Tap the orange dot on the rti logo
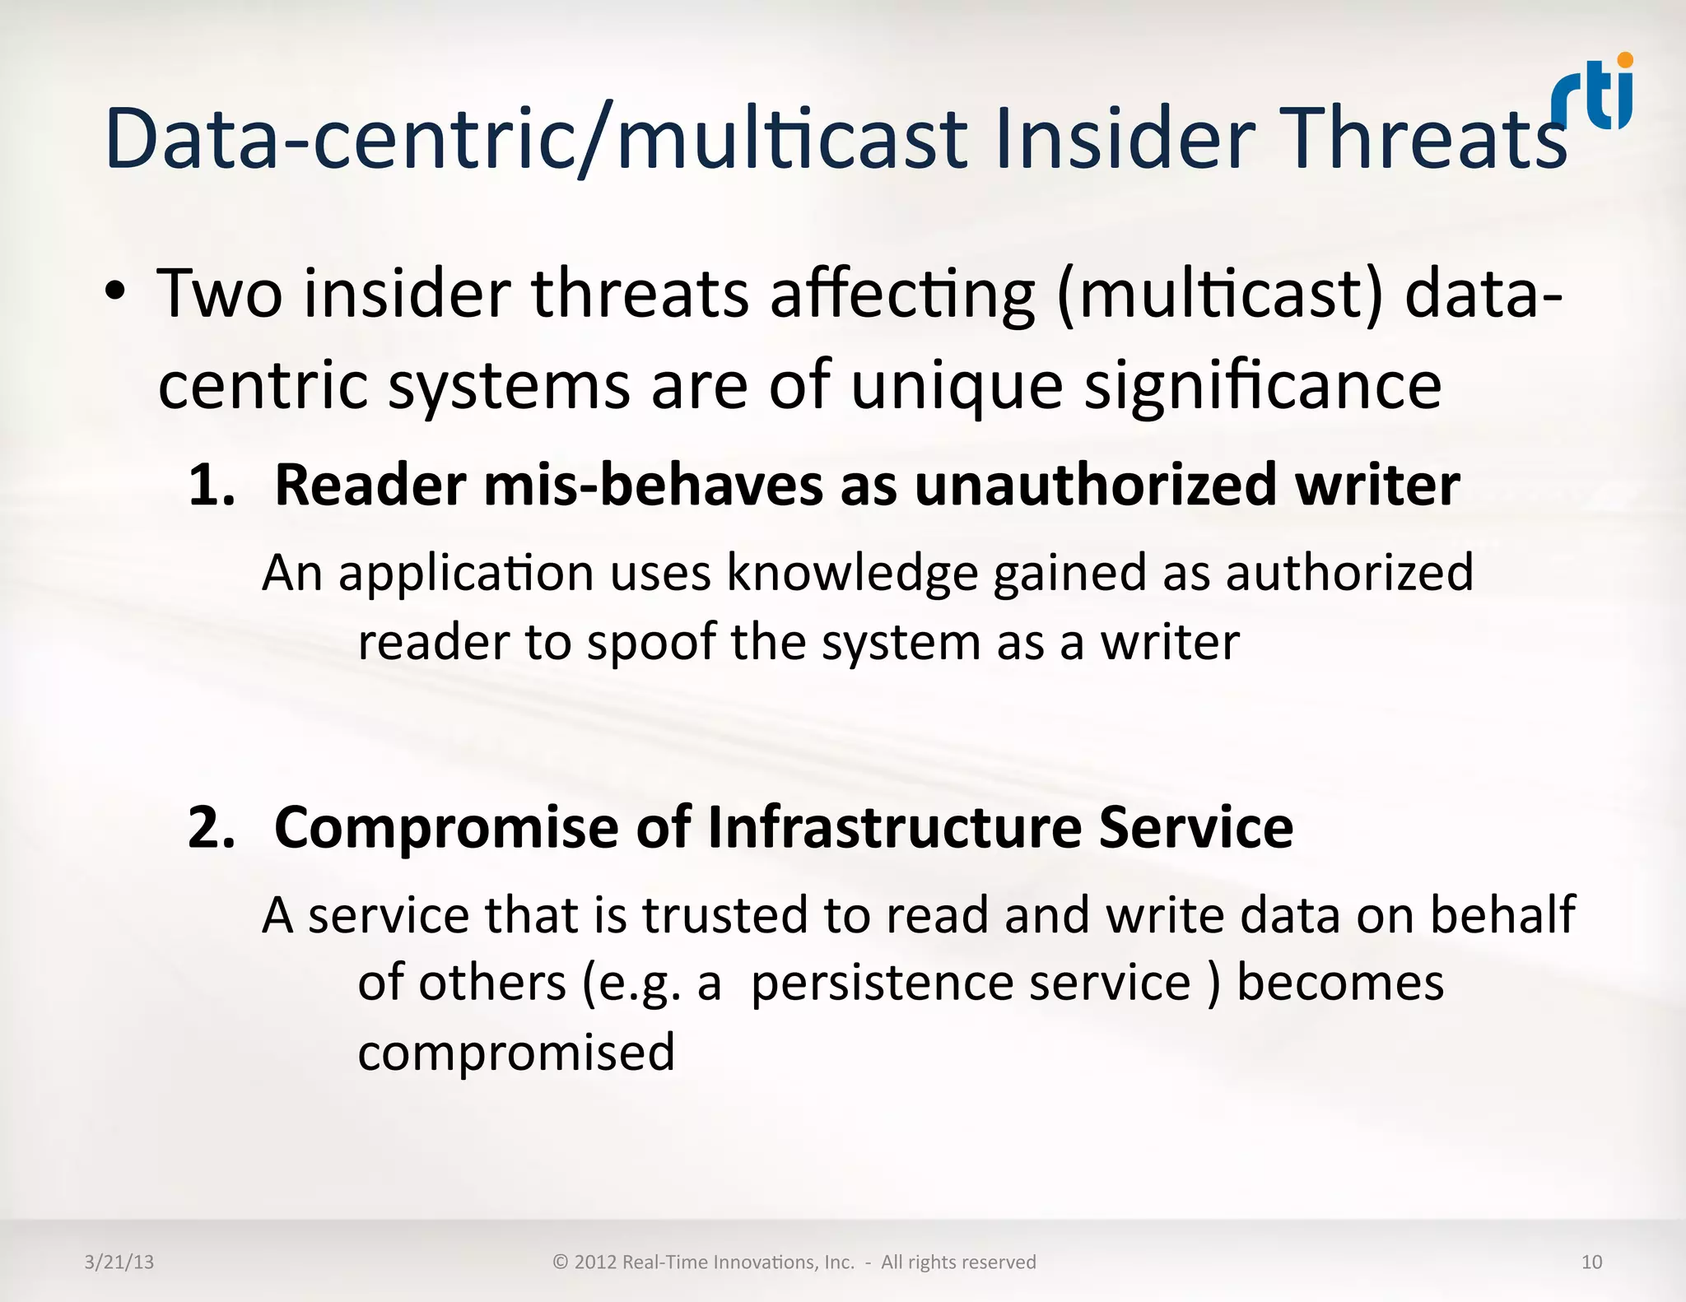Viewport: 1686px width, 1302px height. tap(1624, 60)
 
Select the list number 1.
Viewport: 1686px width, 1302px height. tap(210, 485)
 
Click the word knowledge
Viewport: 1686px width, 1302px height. tap(851, 573)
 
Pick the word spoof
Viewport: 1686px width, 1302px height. tap(650, 642)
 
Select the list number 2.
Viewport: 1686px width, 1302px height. tap(210, 827)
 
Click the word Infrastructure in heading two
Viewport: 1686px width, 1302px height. tap(894, 827)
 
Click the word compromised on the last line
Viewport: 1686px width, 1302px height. tap(516, 1052)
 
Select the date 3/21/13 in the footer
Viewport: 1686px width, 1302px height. tap(119, 1262)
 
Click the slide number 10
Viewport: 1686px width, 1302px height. tap(1591, 1262)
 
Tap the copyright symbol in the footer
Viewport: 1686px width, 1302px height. tap(561, 1262)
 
